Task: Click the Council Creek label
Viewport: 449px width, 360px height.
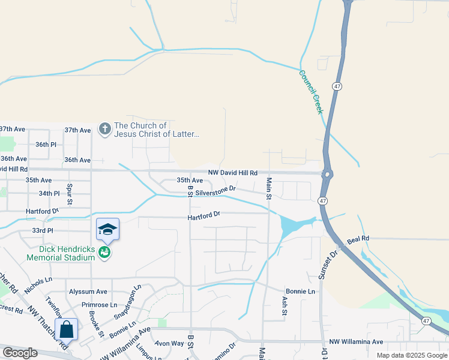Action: pos(311,92)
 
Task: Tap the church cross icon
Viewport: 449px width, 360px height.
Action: pos(104,129)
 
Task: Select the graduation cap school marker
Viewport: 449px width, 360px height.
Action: pos(107,230)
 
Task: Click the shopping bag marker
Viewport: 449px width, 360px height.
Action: pos(66,329)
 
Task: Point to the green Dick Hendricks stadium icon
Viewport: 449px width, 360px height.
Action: pos(105,252)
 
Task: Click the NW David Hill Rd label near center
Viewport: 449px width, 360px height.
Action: pos(232,172)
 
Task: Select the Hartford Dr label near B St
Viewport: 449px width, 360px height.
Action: pos(204,214)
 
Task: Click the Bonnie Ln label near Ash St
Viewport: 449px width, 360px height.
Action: pos(300,291)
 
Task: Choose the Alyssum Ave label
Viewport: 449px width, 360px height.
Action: pos(88,291)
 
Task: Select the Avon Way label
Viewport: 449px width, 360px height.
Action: pos(169,344)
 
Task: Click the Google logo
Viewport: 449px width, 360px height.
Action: pos(20,353)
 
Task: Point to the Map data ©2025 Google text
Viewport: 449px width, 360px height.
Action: pos(411,355)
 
